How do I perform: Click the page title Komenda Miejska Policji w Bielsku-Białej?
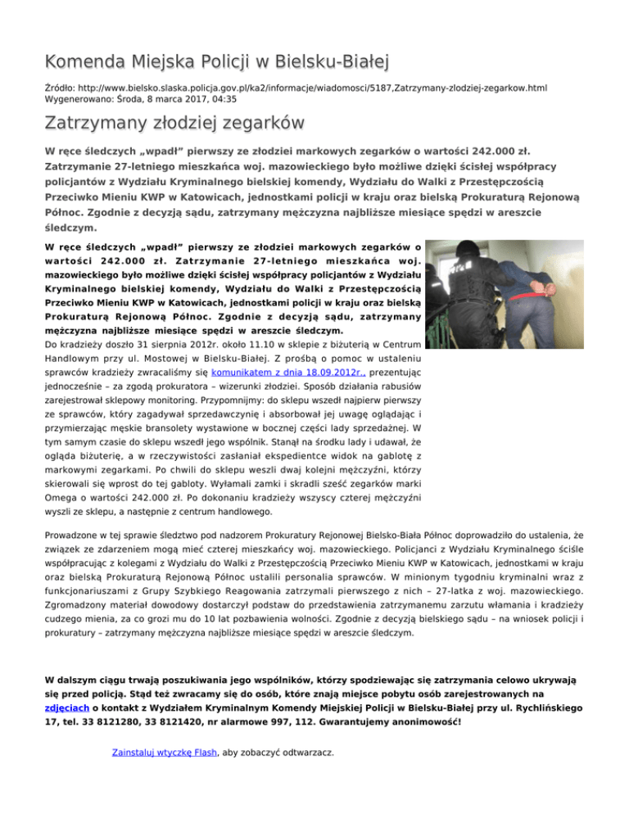pyautogui.click(x=216, y=61)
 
